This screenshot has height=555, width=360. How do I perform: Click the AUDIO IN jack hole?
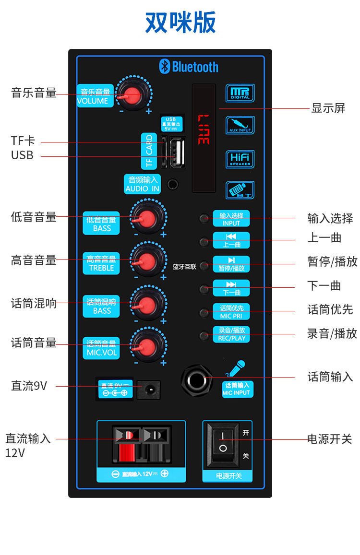(172, 183)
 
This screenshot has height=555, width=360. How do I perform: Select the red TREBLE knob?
(147, 261)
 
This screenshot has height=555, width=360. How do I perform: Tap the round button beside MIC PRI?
(204, 312)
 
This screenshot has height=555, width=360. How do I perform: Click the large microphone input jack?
(197, 380)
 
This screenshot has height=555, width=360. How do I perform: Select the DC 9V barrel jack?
(148, 390)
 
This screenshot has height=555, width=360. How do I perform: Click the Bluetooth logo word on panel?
(189, 67)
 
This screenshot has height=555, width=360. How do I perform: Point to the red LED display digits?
(204, 130)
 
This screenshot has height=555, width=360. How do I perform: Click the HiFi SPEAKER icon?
(240, 159)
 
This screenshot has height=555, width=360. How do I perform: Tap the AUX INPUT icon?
(240, 125)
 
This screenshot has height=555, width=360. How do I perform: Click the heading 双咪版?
(180, 22)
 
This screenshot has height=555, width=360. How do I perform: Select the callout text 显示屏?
(328, 108)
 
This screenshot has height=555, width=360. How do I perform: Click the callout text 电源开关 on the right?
(330, 439)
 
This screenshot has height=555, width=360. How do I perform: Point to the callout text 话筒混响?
(34, 303)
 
